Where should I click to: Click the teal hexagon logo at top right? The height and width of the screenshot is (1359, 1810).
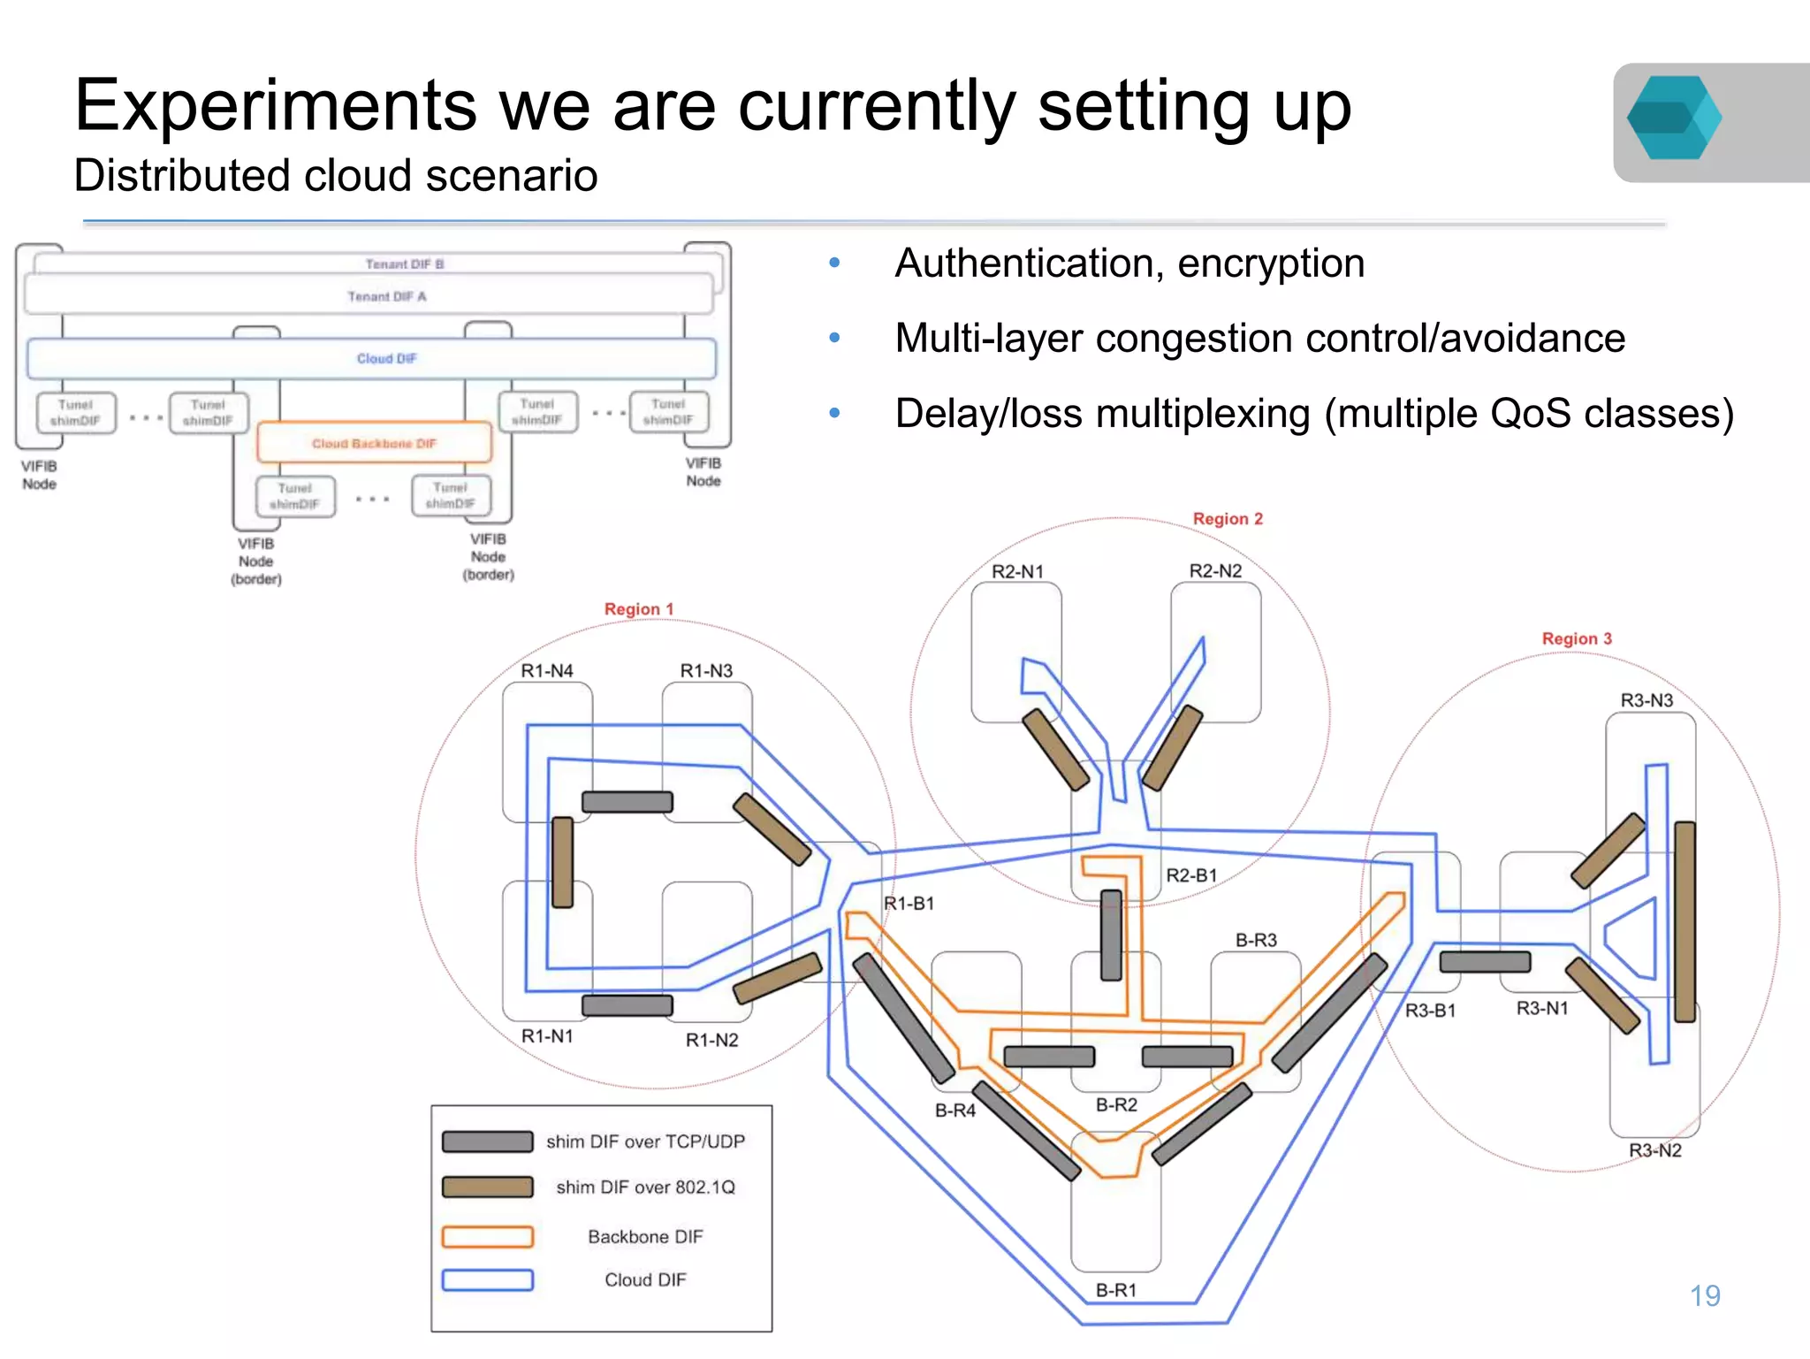point(1673,118)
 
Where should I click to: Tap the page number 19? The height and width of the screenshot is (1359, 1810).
point(1704,1295)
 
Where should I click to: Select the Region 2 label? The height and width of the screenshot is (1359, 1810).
point(1228,519)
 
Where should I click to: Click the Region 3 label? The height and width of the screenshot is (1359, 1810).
point(1577,638)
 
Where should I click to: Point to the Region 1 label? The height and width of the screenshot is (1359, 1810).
point(638,609)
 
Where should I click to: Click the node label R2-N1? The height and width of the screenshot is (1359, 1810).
point(1017,572)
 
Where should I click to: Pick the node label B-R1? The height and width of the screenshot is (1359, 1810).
point(1115,1290)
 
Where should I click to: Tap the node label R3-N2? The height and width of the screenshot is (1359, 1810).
point(1654,1150)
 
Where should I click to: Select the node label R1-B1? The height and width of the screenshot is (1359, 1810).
point(909,904)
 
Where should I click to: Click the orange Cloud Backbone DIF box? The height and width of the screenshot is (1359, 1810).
point(374,443)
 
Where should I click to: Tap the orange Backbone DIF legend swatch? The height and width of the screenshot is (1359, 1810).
point(488,1236)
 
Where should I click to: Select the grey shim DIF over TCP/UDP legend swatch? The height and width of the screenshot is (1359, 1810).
point(488,1141)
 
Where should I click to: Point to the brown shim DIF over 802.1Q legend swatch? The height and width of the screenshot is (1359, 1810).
point(488,1187)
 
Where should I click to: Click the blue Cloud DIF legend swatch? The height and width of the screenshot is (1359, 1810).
point(488,1280)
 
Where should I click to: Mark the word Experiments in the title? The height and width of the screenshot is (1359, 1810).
point(275,106)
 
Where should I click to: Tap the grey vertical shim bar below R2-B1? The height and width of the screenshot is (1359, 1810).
point(1111,935)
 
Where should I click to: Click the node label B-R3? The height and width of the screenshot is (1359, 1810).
point(1255,940)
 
